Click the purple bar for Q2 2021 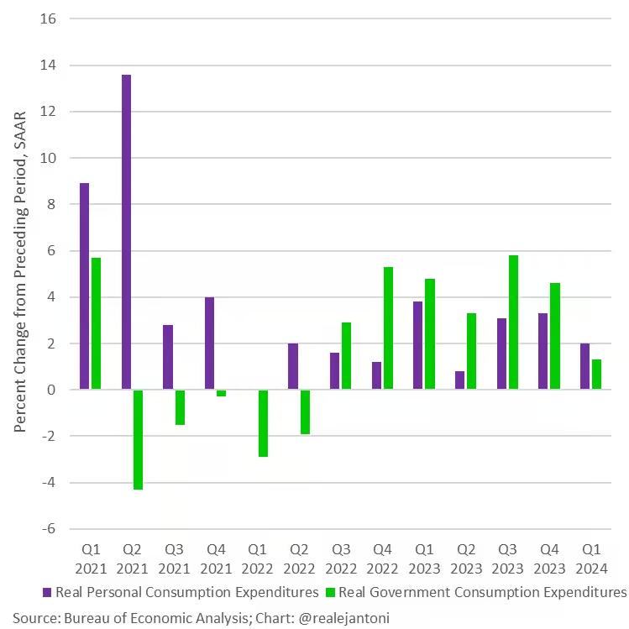click(126, 232)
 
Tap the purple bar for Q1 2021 click(84, 286)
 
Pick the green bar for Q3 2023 click(513, 322)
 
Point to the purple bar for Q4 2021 click(210, 343)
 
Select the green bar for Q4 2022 click(388, 328)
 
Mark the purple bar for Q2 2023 click(459, 380)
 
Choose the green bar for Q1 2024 click(596, 375)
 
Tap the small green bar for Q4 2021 click(221, 393)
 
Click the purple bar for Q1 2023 click(417, 345)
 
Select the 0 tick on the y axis click(51, 390)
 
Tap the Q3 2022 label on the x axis click(341, 558)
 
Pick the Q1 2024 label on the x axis click(591, 558)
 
